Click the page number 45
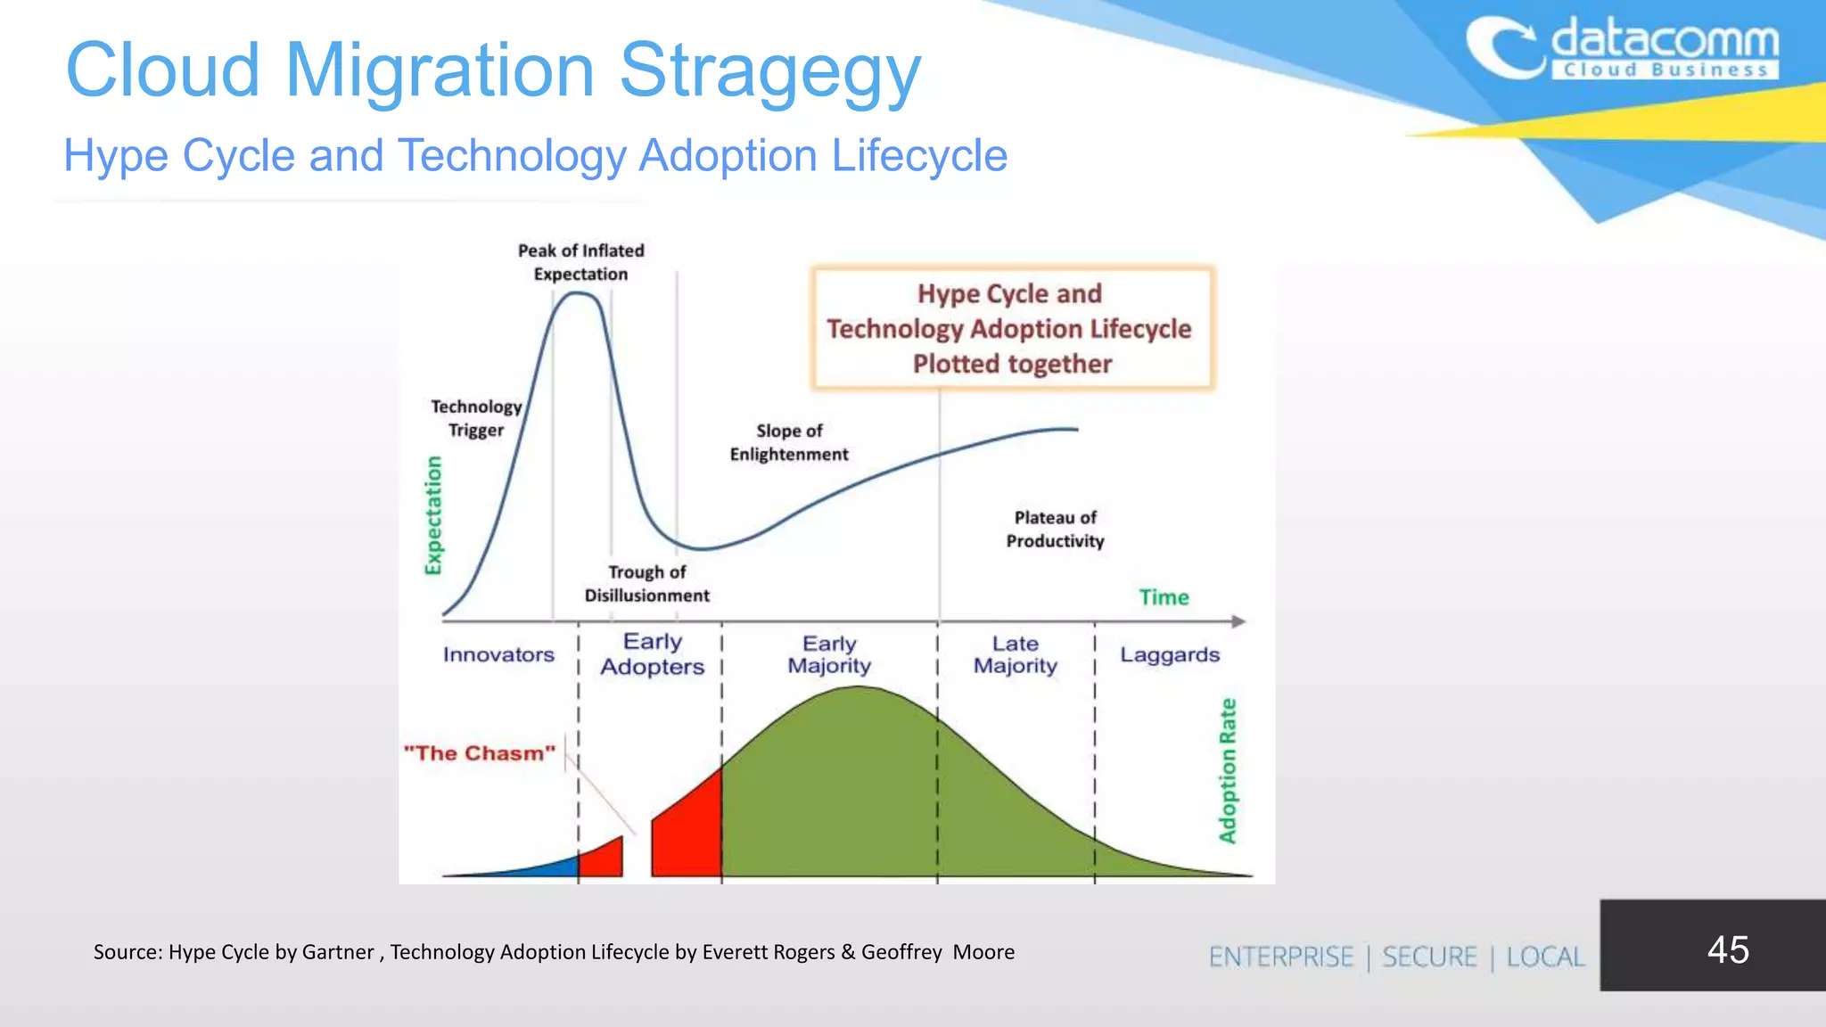click(x=1727, y=949)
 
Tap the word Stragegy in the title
click(x=769, y=71)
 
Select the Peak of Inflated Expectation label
click(x=580, y=262)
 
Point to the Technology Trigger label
click(x=476, y=418)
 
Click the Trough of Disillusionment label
click(x=647, y=584)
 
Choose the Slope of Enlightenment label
click(x=789, y=442)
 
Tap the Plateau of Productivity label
click(x=1055, y=529)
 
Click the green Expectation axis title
click(x=433, y=515)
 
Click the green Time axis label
click(x=1164, y=597)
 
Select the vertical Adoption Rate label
click(x=1228, y=771)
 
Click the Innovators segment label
click(x=498, y=654)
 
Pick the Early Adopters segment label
click(x=652, y=654)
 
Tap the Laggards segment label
click(x=1169, y=654)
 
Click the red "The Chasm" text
click(x=479, y=753)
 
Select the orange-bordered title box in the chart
click(x=1012, y=328)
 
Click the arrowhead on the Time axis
click(x=1238, y=621)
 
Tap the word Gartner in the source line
click(x=338, y=952)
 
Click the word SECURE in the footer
click(x=1429, y=957)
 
